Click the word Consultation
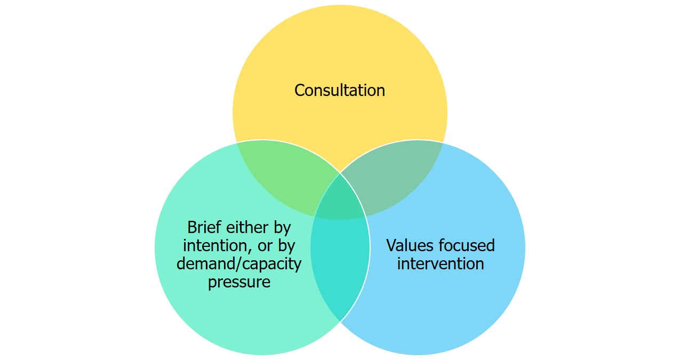340,90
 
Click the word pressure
239,282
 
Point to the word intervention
441,263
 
